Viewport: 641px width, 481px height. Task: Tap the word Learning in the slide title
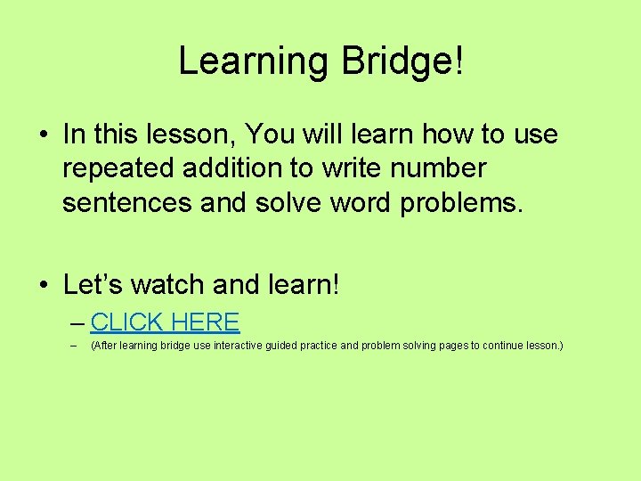(253, 61)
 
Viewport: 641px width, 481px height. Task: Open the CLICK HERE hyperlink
(165, 322)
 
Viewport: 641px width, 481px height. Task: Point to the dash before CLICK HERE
(77, 322)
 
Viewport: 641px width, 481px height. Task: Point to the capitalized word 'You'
(272, 135)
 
